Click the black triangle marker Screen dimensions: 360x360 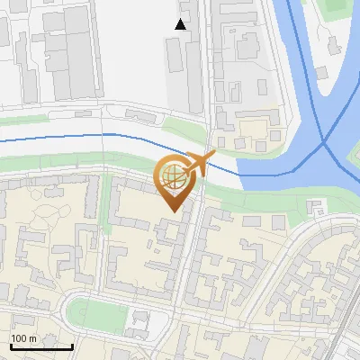(181, 24)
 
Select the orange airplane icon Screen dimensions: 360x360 (201, 164)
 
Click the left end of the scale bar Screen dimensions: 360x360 (10, 346)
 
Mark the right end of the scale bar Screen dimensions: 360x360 (72, 346)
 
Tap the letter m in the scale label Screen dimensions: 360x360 (32, 338)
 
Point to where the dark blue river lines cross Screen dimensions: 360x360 (324, 142)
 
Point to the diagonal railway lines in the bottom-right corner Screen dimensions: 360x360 (342, 333)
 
